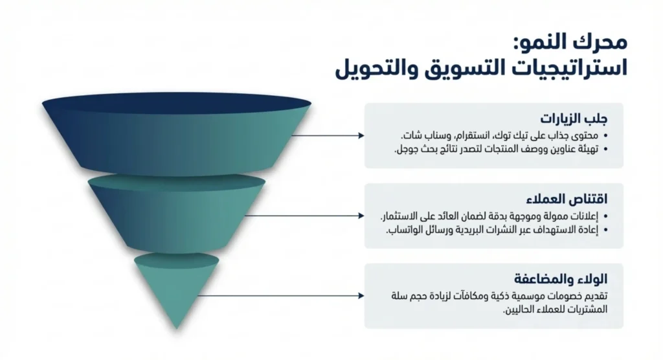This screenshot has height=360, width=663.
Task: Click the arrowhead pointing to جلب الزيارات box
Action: click(361, 136)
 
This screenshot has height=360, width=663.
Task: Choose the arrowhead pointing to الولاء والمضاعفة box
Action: click(361, 296)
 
